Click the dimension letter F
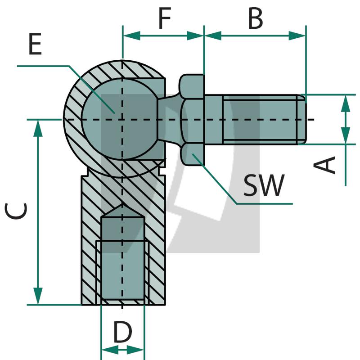(165, 18)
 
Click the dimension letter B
(255, 18)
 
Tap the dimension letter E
(35, 44)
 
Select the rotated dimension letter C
(16, 211)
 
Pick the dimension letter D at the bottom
(123, 332)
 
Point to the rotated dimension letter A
(324, 164)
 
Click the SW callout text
(264, 185)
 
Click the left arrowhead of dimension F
(132, 36)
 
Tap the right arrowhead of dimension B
(297, 36)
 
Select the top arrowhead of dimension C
(38, 129)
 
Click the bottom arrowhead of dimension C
(38, 296)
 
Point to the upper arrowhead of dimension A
(346, 104)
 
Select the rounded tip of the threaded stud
(302, 120)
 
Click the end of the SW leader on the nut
(193, 154)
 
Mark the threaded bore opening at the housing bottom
(123, 302)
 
